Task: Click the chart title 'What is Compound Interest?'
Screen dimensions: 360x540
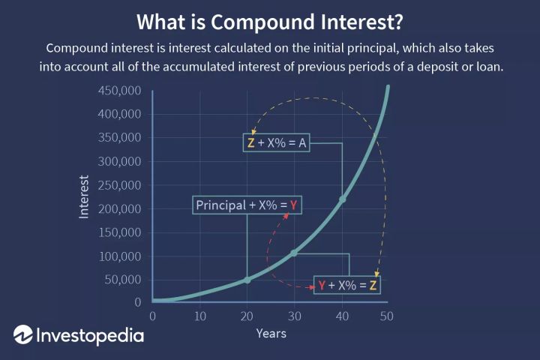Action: click(270, 20)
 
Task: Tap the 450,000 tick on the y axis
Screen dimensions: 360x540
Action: click(120, 91)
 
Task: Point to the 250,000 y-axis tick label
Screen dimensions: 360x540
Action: click(120, 185)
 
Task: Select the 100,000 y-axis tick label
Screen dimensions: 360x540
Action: click(120, 256)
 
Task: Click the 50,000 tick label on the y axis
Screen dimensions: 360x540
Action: click(123, 280)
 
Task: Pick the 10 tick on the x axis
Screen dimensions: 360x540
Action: click(199, 316)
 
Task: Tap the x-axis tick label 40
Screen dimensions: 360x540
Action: click(340, 316)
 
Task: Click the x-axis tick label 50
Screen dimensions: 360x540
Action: click(387, 316)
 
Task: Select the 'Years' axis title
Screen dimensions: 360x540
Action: click(270, 333)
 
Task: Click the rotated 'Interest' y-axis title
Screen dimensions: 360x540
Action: click(84, 197)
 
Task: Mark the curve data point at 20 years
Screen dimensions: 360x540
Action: click(247, 280)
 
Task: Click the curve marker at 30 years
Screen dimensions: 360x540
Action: click(294, 253)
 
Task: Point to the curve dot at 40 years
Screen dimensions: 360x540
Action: click(342, 199)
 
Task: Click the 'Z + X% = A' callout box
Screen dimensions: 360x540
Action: click(277, 143)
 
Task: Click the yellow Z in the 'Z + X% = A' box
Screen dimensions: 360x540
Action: click(250, 143)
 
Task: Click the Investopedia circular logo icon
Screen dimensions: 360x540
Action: click(22, 334)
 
